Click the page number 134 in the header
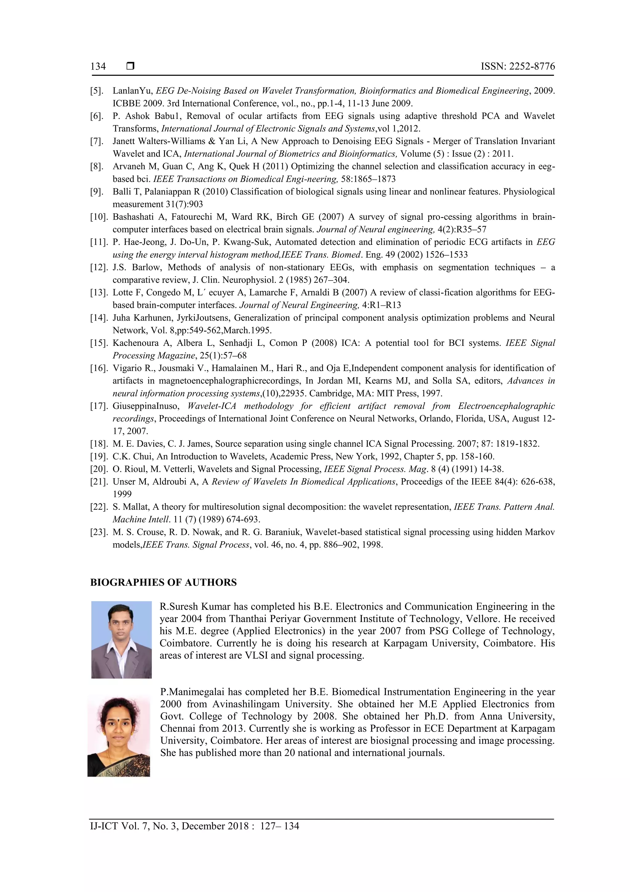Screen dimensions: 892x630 (x=98, y=67)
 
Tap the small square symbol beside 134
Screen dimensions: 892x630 (x=130, y=66)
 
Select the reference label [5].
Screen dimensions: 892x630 (x=97, y=91)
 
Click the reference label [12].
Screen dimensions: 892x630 (x=99, y=267)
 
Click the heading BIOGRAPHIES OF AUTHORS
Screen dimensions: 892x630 (x=163, y=582)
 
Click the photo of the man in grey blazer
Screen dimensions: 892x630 (x=122, y=640)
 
